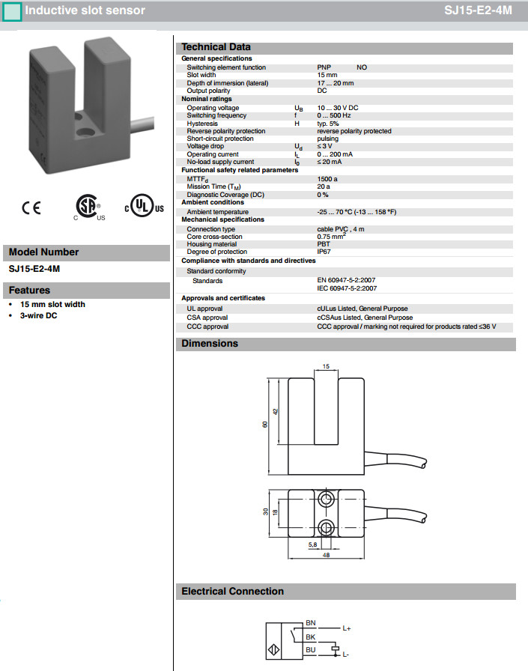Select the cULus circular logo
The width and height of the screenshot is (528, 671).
tap(142, 207)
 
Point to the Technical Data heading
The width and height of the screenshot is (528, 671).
tap(216, 46)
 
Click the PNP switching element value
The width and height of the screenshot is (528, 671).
tap(324, 67)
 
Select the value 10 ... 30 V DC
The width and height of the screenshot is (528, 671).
tap(338, 108)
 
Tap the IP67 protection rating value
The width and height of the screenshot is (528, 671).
tap(324, 252)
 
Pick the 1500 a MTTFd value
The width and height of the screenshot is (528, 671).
tap(327, 179)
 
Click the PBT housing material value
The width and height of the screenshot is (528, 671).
tap(324, 244)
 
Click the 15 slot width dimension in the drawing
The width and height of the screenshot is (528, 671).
tap(325, 366)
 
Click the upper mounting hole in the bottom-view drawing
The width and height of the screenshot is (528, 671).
tap(327, 498)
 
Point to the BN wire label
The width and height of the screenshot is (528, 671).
tap(311, 623)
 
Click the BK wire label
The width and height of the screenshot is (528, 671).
tap(311, 636)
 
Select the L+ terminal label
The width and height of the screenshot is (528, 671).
tap(347, 628)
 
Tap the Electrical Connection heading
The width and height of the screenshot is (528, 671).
tap(233, 591)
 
